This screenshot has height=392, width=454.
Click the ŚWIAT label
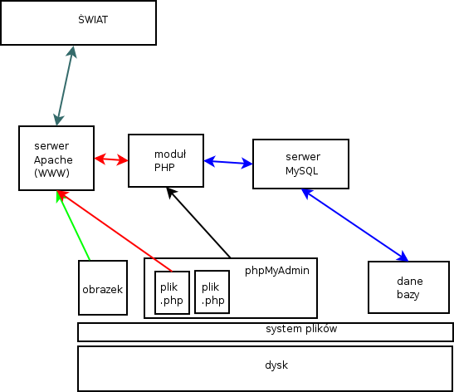click(x=93, y=19)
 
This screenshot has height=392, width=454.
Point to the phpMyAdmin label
click(x=277, y=271)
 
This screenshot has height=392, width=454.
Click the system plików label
click(x=301, y=329)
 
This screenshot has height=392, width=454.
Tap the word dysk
click(x=276, y=365)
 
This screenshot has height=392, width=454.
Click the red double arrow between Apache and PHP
click(x=111, y=159)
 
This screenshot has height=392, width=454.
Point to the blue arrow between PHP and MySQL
click(x=228, y=162)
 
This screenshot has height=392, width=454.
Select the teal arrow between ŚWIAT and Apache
click(x=65, y=86)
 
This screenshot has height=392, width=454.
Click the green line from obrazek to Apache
click(x=73, y=226)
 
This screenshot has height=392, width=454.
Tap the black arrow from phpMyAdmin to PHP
click(x=198, y=223)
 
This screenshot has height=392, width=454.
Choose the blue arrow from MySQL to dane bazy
click(x=355, y=225)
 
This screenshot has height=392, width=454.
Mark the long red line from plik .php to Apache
click(x=115, y=231)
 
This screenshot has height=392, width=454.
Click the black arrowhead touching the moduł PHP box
click(x=172, y=193)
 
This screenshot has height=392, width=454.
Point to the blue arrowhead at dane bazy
click(x=403, y=257)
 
